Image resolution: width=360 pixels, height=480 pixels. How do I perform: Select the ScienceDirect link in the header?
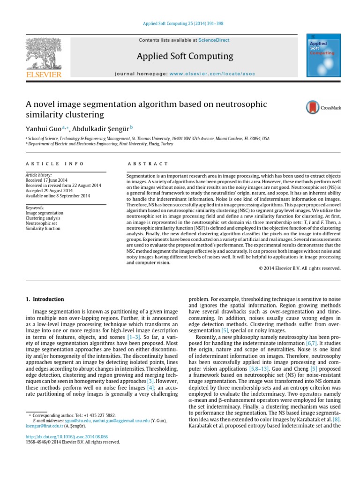(x=214, y=40)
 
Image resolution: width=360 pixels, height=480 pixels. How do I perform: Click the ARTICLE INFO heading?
(x=54, y=164)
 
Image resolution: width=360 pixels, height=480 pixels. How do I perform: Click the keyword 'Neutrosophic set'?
(x=42, y=224)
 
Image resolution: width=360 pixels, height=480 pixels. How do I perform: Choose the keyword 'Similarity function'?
(x=44, y=229)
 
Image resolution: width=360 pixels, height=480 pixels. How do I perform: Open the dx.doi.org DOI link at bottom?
(x=58, y=436)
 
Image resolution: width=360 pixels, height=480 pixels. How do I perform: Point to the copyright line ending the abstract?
(x=300, y=269)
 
